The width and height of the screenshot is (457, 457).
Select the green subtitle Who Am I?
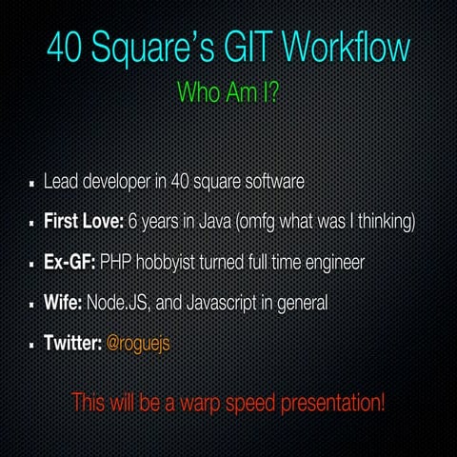pos(228,92)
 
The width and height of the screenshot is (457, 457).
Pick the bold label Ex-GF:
pos(70,262)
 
